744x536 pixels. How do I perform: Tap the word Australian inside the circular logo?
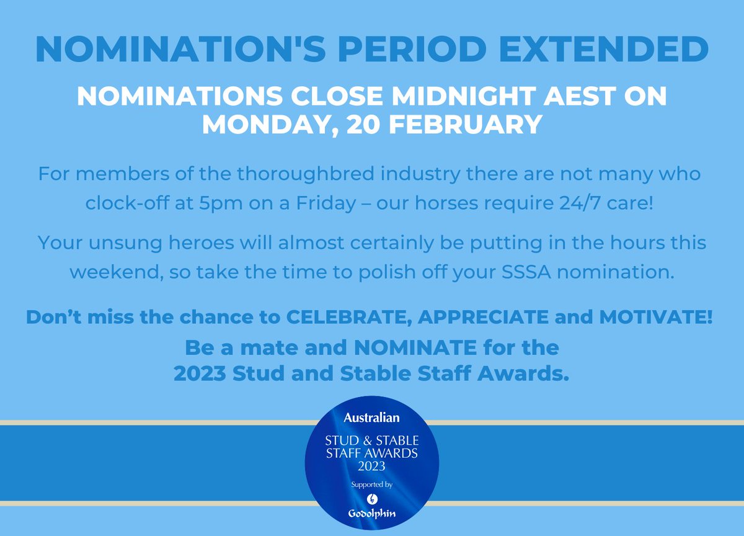372,418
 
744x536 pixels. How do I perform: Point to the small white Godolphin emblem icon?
372,498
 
